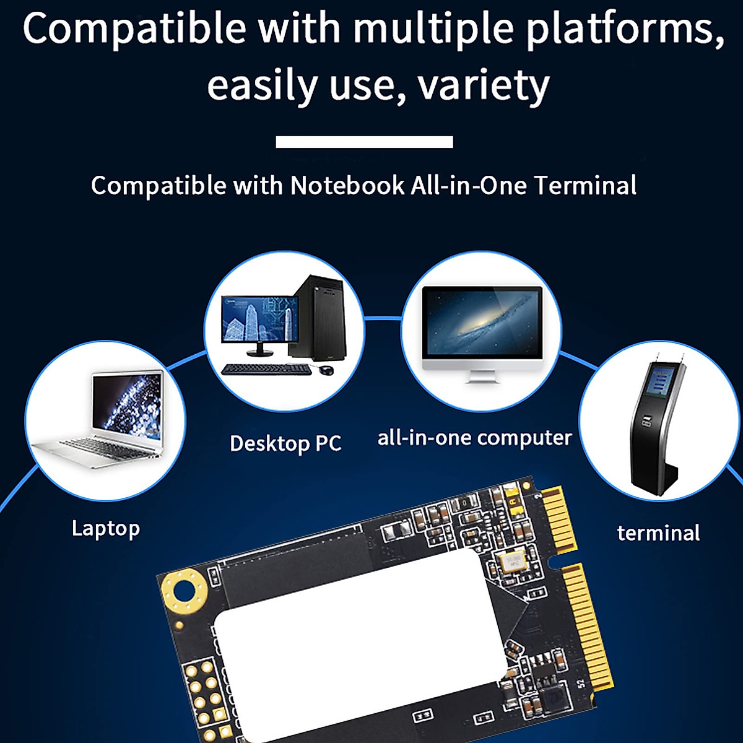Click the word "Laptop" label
(x=106, y=528)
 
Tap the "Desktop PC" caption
(x=285, y=443)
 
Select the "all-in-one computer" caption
(x=474, y=438)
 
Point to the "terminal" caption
(x=658, y=532)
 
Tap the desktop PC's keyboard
(x=266, y=369)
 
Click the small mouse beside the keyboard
(x=326, y=370)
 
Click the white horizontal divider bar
(x=364, y=142)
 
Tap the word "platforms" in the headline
(x=625, y=30)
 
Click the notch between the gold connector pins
(x=554, y=560)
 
